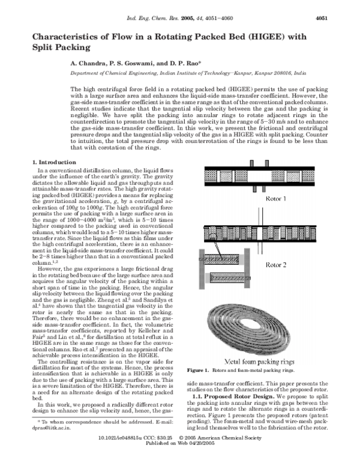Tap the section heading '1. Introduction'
pyautogui.click(x=53, y=162)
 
